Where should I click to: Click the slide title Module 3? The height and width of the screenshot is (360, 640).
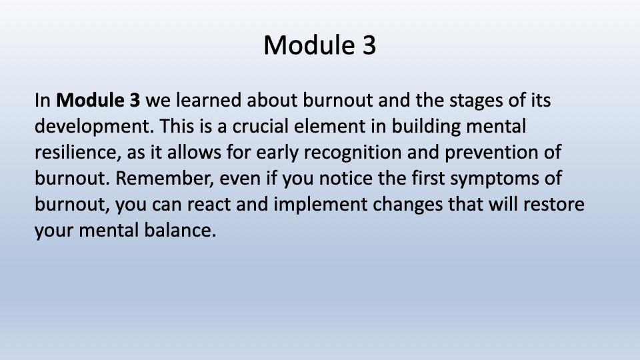tap(319, 45)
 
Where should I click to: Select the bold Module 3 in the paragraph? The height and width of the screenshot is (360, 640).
tap(98, 100)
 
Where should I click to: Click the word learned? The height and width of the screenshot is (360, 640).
tap(208, 100)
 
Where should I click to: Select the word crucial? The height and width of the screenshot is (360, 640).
tap(261, 126)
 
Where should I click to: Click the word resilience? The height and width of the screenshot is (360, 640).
tap(78, 153)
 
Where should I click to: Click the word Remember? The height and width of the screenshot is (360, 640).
tap(165, 179)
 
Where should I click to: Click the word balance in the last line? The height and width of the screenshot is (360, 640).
tap(180, 231)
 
